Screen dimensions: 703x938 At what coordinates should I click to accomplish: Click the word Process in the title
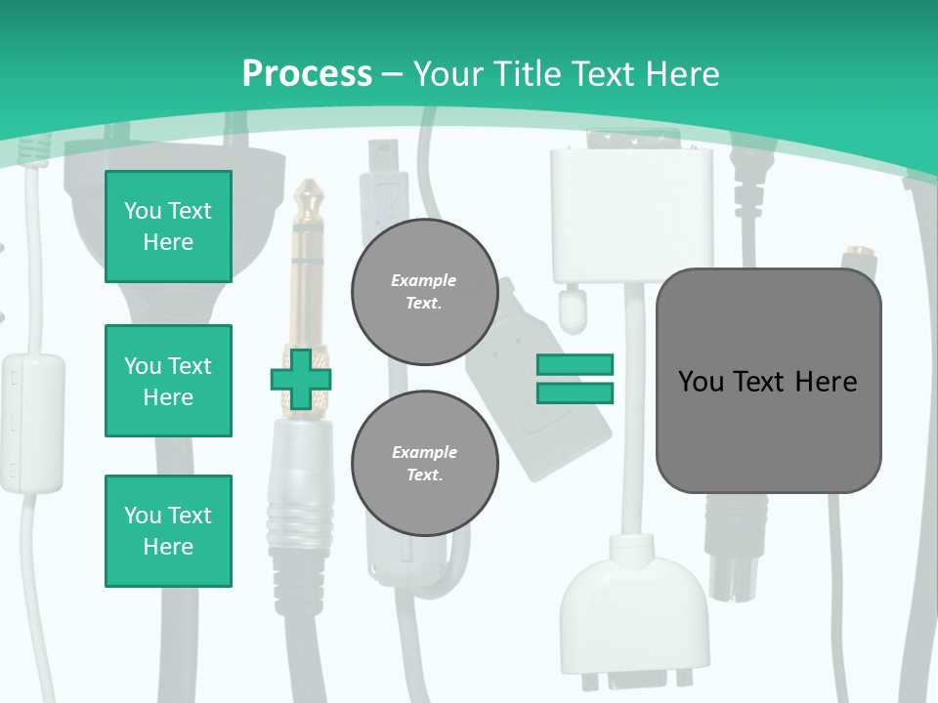point(307,73)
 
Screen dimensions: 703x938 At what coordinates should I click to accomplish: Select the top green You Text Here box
point(168,227)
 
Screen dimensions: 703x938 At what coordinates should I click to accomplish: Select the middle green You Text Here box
point(168,381)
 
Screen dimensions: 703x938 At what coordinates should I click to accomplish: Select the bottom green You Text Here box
point(168,531)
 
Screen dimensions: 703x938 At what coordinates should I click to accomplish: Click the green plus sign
point(301,379)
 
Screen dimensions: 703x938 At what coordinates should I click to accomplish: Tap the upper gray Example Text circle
point(424,292)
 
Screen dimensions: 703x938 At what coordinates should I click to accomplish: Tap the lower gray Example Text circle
point(424,464)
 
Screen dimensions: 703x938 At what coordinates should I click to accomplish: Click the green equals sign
point(575,379)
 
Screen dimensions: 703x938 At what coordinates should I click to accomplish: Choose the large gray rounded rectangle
point(768,381)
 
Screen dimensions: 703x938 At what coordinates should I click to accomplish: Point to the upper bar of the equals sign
point(575,364)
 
